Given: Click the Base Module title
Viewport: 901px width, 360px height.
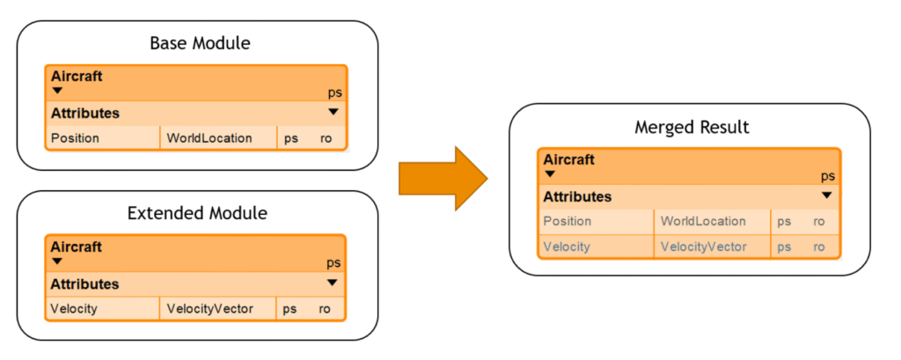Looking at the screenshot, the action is click(x=200, y=44).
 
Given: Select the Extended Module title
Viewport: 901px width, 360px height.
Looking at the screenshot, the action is click(x=197, y=213).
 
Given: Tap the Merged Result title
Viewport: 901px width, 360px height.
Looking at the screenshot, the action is click(x=692, y=127).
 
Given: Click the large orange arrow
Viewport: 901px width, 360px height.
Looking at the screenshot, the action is click(x=443, y=179).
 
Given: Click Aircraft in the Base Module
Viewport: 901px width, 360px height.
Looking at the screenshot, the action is click(x=77, y=77).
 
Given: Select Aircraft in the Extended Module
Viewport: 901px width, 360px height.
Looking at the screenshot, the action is click(x=76, y=246).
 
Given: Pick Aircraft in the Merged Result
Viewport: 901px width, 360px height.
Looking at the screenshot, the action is click(x=569, y=160).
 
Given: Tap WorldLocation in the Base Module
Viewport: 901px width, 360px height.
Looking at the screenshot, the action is click(x=209, y=138).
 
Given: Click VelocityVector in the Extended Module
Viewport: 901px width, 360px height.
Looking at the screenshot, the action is click(x=209, y=309).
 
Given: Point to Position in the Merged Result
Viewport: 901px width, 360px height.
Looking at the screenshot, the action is click(x=568, y=222).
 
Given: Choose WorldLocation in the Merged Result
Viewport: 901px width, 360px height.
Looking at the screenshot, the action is click(x=703, y=222).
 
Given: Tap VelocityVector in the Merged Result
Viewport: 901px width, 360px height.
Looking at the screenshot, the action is click(x=704, y=246).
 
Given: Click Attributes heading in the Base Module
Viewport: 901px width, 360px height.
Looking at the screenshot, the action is click(x=85, y=114).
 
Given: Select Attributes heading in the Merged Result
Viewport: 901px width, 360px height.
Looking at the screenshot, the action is click(x=577, y=196).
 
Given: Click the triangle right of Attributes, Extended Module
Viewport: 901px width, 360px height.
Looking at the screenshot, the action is click(x=332, y=283).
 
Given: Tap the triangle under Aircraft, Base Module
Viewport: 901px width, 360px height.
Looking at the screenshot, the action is click(x=57, y=91).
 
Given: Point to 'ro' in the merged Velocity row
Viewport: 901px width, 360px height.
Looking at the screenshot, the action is click(x=819, y=247).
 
